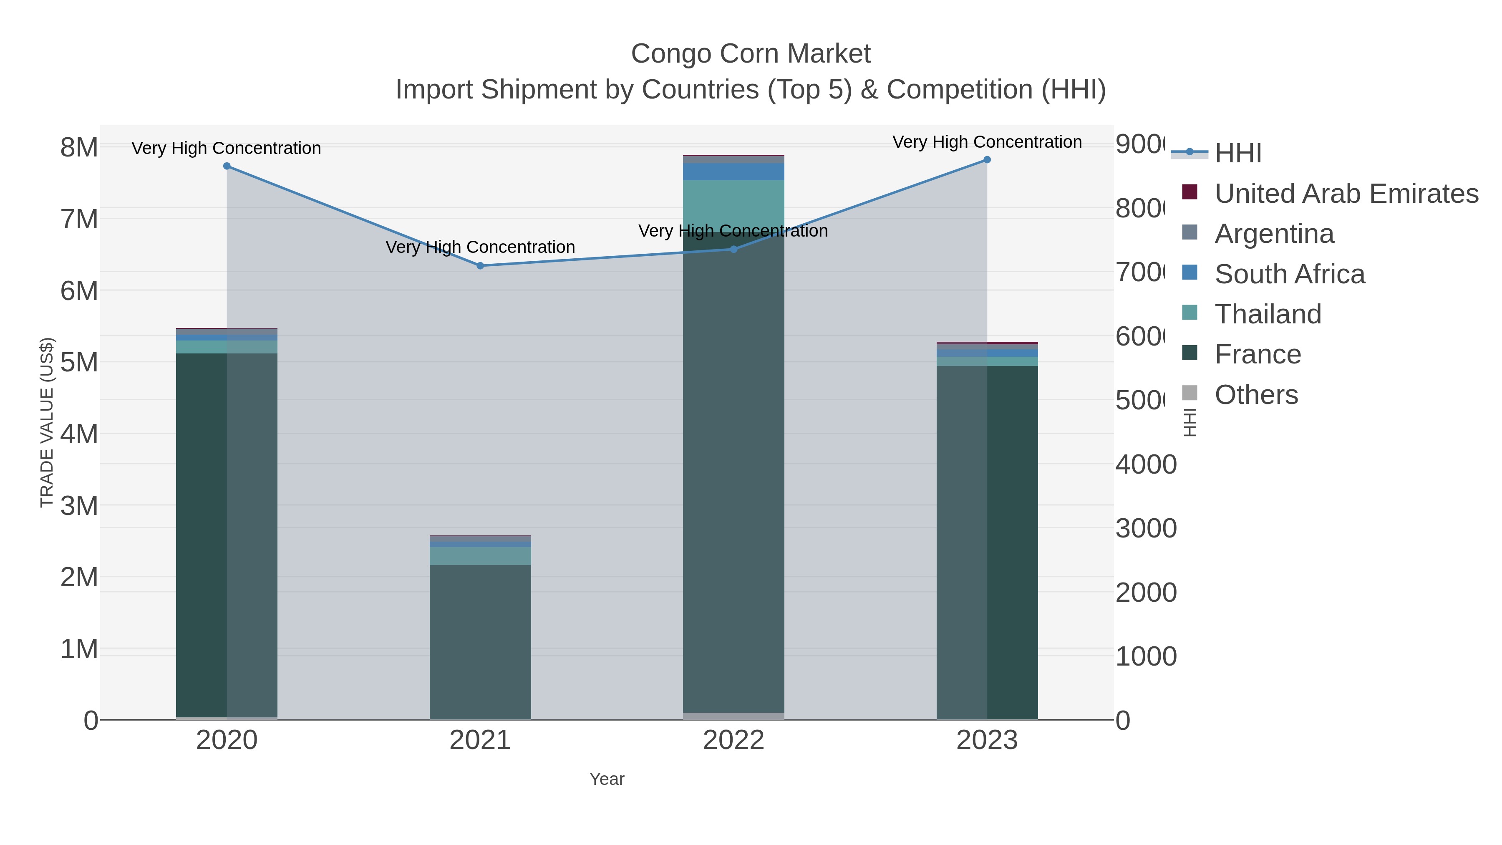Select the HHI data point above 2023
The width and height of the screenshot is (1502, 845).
click(987, 160)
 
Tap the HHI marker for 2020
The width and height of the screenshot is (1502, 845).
click(227, 166)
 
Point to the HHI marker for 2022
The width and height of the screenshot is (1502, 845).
click(733, 249)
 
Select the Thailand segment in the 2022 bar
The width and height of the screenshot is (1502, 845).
click(733, 201)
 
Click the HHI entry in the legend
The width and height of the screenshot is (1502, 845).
click(1237, 153)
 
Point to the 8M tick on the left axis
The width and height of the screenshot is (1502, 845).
click(79, 148)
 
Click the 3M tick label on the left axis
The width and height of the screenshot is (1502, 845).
click(79, 506)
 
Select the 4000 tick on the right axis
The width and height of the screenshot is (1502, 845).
click(1145, 465)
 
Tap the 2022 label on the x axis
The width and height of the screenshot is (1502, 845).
click(733, 740)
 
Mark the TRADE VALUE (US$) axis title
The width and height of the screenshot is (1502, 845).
click(47, 422)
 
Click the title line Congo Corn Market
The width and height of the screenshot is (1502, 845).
click(751, 54)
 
